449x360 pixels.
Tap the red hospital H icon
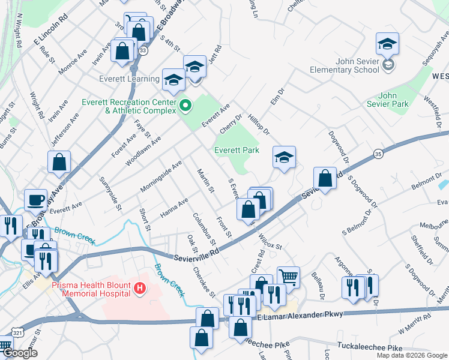click(x=140, y=289)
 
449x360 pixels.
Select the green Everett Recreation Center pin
click(x=185, y=106)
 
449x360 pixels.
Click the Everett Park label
click(x=237, y=150)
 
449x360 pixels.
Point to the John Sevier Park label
click(x=394, y=100)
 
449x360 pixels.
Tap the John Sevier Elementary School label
click(x=345, y=65)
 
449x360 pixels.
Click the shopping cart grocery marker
click(x=289, y=277)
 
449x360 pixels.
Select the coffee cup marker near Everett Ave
click(x=35, y=199)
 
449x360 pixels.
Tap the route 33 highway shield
click(x=142, y=51)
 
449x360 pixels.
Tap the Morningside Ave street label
click(x=161, y=175)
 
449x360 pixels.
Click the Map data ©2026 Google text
click(x=412, y=355)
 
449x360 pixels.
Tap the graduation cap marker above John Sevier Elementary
click(x=387, y=43)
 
